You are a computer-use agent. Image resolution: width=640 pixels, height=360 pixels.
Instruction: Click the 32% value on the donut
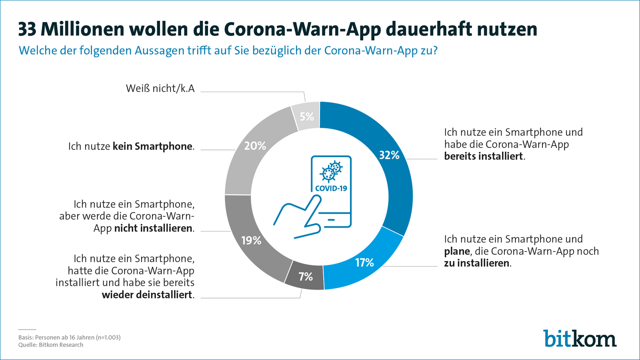[x=389, y=155]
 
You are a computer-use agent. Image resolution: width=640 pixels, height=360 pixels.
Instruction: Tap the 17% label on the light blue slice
[x=364, y=263]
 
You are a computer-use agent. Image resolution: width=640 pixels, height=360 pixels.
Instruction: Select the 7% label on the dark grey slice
[x=306, y=277]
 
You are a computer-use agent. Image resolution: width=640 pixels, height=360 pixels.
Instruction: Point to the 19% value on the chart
[x=251, y=241]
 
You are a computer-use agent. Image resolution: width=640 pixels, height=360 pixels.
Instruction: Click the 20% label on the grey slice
[x=255, y=146]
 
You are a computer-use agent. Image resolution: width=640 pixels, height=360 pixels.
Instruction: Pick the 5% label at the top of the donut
[x=307, y=117]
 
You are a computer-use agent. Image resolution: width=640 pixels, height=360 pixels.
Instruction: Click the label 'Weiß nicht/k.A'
[x=160, y=88]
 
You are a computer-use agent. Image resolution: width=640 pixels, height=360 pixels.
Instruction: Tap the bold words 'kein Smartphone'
[x=152, y=146]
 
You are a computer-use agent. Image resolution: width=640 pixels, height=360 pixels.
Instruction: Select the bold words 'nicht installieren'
[x=153, y=228]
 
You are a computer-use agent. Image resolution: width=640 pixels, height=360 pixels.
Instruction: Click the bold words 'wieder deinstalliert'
[x=147, y=295]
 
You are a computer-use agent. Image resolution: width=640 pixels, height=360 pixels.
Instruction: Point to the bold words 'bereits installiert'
[x=484, y=156]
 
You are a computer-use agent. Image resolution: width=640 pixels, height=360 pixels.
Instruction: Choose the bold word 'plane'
[x=457, y=252]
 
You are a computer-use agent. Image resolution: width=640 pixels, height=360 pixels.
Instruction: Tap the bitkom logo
[x=580, y=338]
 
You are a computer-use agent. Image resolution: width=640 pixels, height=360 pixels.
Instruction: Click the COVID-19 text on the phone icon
[x=331, y=188]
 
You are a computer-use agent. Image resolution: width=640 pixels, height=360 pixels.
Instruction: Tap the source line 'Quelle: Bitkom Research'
[x=51, y=345]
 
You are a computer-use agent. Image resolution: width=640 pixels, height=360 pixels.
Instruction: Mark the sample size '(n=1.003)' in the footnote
[x=108, y=337]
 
